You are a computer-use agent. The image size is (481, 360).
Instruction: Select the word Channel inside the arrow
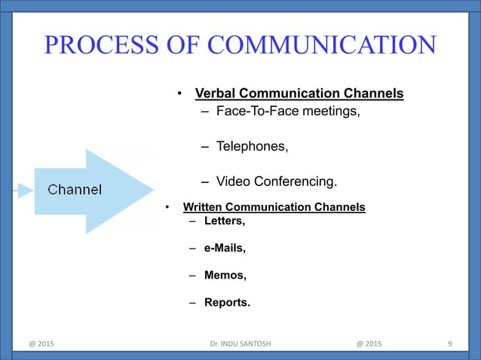pos(75,189)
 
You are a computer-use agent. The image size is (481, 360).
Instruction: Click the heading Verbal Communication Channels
pos(299,94)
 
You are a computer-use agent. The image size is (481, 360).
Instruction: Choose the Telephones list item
pos(252,146)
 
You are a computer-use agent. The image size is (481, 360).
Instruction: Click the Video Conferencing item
pos(277,182)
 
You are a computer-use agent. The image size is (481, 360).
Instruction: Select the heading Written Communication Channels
pos(274,207)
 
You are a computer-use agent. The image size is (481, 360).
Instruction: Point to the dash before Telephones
pos(205,146)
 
